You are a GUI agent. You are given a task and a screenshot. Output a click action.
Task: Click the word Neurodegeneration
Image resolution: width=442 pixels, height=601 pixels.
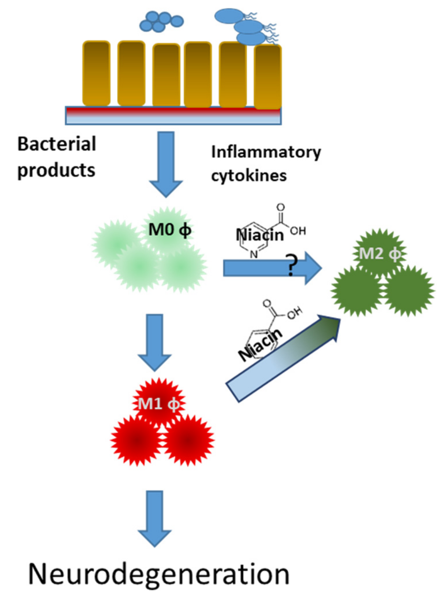(159, 574)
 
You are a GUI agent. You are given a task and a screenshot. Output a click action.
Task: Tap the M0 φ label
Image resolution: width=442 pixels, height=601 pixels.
(170, 230)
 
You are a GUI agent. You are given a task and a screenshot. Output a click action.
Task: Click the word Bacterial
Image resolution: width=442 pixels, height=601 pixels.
(57, 144)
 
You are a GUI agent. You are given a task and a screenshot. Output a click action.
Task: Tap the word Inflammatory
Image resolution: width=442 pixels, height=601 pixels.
(266, 152)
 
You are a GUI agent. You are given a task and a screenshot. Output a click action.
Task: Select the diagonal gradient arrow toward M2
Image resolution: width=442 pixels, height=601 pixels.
(282, 359)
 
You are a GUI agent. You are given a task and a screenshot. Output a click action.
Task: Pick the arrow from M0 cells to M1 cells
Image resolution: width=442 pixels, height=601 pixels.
(154, 341)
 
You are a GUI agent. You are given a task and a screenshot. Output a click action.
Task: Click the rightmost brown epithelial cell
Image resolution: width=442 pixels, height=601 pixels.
(268, 77)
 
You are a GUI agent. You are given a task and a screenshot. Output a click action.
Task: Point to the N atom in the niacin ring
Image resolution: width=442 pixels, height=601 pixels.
(254, 254)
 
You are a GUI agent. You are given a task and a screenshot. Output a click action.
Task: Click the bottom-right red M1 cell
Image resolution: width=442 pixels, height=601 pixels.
(188, 440)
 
